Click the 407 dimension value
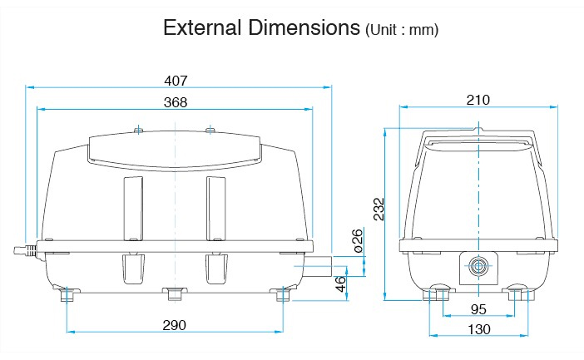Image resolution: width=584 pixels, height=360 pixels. pyautogui.click(x=176, y=81)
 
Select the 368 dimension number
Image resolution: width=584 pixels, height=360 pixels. pyautogui.click(x=176, y=102)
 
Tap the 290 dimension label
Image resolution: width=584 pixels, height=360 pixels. pyautogui.click(x=175, y=325)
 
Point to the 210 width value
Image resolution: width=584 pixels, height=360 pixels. pyautogui.click(x=478, y=100)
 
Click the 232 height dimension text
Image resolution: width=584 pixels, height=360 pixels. pyautogui.click(x=379, y=209)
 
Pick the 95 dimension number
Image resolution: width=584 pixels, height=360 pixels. pyautogui.click(x=478, y=309)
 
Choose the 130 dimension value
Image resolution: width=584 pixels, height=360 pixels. pyautogui.click(x=479, y=329)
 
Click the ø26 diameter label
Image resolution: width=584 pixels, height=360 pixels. pyautogui.click(x=357, y=241)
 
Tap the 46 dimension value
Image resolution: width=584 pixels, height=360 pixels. pyautogui.click(x=341, y=284)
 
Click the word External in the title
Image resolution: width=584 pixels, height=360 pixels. pyautogui.click(x=202, y=27)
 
